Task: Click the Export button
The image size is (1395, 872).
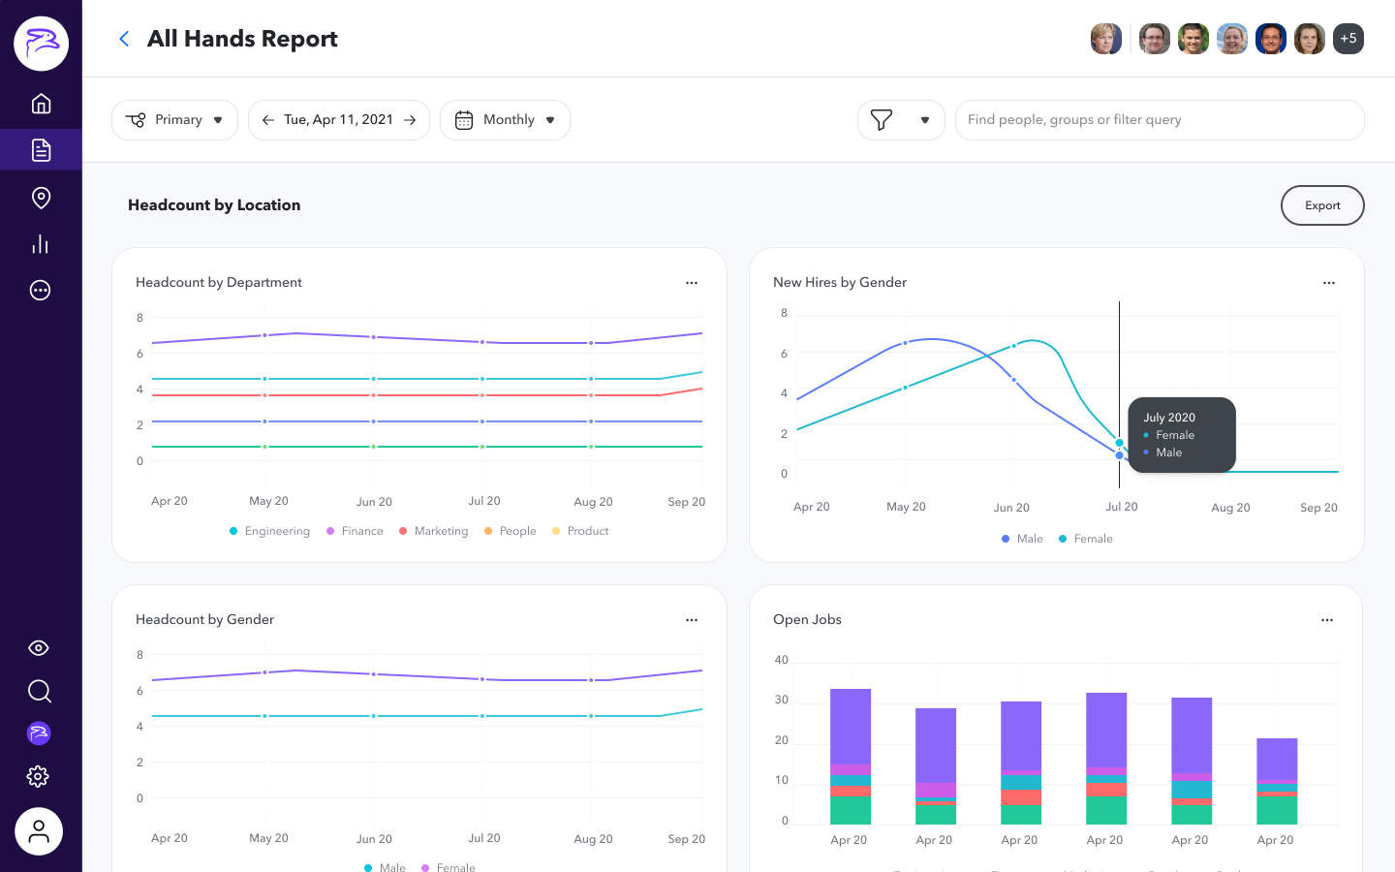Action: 1321,205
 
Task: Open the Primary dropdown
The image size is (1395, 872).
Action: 174,120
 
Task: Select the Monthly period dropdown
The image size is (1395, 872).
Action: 505,120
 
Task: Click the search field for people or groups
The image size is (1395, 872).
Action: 1159,120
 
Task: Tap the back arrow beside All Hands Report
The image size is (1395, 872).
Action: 124,39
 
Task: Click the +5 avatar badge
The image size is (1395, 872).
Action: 1348,39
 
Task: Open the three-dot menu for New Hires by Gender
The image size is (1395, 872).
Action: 1328,283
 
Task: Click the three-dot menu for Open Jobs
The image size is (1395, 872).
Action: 1326,620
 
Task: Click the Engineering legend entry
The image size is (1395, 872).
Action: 276,531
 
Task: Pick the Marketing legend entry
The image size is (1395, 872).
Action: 440,531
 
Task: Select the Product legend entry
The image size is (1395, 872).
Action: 587,531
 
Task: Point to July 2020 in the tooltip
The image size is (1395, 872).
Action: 1169,418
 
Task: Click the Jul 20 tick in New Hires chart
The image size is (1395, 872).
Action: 1121,507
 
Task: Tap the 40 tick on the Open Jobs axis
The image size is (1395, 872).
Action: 782,660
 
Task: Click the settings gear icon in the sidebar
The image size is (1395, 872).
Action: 39,776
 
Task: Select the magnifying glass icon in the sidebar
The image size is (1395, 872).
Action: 39,691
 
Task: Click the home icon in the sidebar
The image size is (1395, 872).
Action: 41,104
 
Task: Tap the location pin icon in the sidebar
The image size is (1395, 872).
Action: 41,198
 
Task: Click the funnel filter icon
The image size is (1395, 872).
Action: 882,120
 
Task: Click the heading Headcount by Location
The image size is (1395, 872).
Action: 214,205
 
